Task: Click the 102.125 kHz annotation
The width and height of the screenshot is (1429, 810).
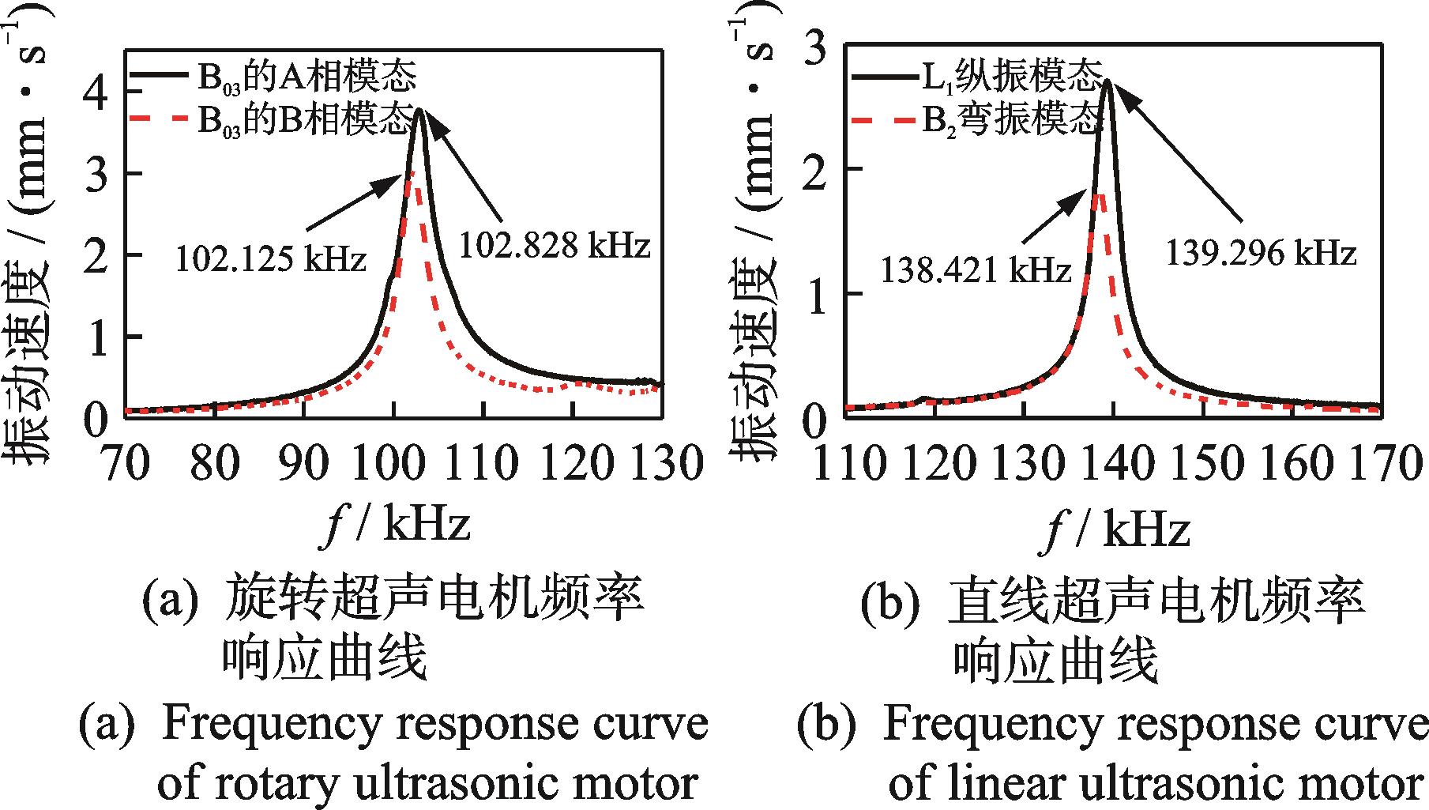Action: [270, 258]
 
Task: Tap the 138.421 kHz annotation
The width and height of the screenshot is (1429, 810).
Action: [976, 271]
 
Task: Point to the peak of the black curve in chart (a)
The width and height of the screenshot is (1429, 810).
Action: [420, 111]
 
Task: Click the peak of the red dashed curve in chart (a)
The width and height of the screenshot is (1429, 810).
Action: [412, 171]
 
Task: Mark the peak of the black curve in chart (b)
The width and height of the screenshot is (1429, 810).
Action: [1108, 81]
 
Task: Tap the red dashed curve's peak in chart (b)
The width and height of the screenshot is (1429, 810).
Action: [1099, 193]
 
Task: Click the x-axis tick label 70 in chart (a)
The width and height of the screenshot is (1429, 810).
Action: [126, 463]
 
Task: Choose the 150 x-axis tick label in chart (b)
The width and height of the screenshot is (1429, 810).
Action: [1201, 464]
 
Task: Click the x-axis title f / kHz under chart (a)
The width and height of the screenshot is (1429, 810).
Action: [397, 525]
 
